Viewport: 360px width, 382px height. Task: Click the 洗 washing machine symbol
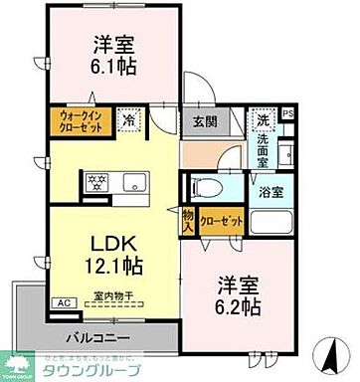263,119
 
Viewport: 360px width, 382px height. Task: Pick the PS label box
288,115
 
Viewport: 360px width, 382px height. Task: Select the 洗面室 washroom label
263,144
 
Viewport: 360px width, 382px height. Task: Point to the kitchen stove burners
98,181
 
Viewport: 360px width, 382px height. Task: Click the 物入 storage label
188,224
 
